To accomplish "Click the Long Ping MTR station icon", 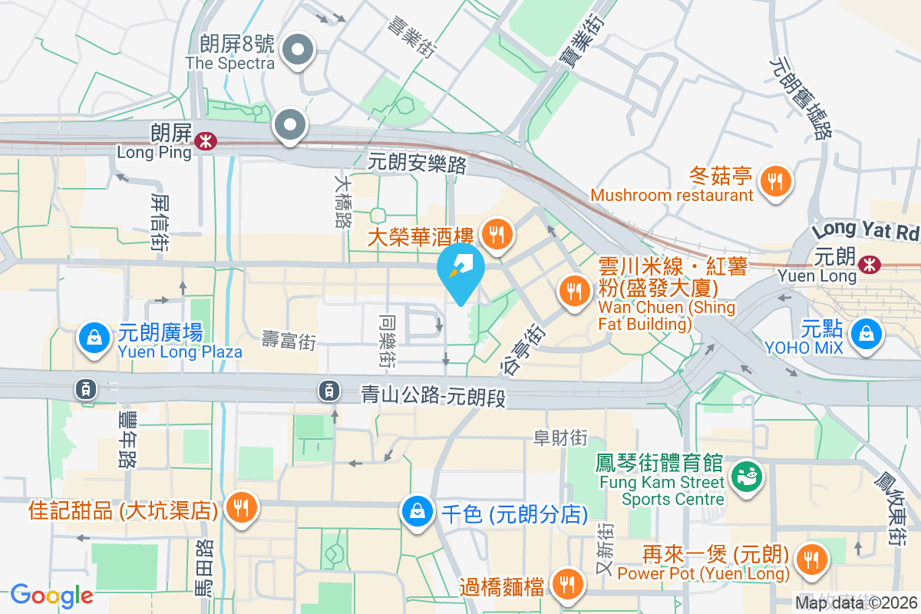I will pos(205,140).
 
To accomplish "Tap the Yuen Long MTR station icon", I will pos(870,264).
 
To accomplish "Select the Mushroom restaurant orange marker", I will pos(776,182).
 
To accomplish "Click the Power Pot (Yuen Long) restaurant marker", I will pos(810,560).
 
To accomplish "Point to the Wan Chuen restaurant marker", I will pos(573,291).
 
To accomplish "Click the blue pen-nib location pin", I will pos(460,272).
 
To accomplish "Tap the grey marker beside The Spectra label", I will pos(297,52).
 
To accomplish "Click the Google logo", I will pos(52,595).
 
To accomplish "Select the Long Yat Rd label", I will pos(866,230).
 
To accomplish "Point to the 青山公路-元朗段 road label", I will pos(434,395).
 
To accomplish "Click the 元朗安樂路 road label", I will pos(418,163).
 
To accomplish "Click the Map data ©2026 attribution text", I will pos(857,603).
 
